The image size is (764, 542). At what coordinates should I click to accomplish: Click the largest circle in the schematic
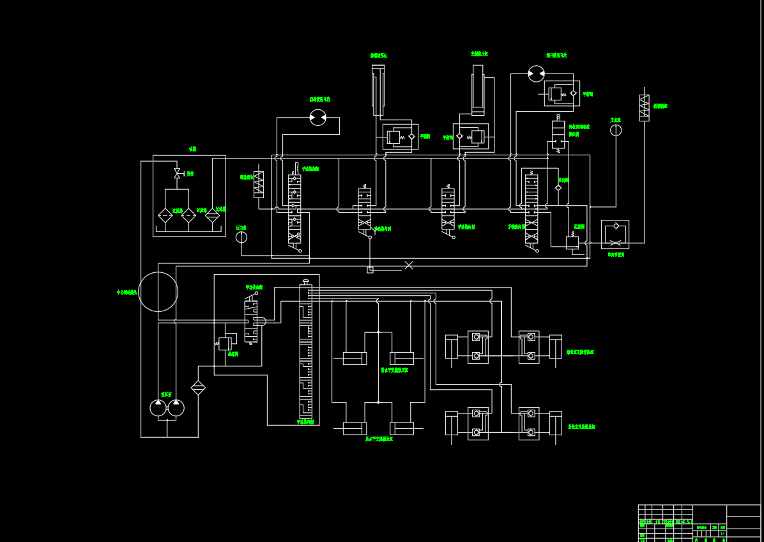coord(158,292)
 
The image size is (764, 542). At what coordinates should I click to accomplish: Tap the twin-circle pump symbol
coord(167,408)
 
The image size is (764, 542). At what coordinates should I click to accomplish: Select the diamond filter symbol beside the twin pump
coord(198,387)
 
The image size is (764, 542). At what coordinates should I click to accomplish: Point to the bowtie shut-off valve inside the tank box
coord(177,173)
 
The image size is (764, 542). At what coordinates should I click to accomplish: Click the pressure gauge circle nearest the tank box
coord(241,237)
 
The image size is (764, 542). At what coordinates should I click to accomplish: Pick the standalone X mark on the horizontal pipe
coord(409,265)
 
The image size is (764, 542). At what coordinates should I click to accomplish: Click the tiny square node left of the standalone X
coord(370,270)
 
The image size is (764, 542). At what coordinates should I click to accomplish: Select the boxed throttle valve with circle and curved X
coord(615,234)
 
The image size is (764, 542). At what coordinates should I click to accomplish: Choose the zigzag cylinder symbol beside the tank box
coord(259,183)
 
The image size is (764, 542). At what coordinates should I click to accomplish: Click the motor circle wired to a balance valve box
coord(536,74)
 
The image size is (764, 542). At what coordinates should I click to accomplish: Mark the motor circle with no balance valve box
coord(317,118)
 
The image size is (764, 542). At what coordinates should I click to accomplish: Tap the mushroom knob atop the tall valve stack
coord(305,281)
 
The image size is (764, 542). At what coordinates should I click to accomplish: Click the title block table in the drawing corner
coord(699,523)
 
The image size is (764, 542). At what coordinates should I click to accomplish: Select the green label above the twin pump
coord(166,394)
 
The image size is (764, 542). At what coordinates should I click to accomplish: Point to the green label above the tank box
coord(192,149)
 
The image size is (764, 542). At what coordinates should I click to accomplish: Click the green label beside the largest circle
coord(126,292)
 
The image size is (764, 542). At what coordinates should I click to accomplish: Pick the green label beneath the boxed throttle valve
coord(615,254)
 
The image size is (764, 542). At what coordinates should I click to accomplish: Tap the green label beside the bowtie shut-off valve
coord(190,173)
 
